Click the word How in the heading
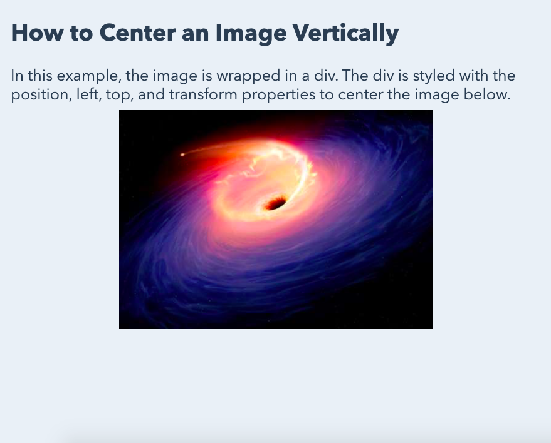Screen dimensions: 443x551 coord(32,33)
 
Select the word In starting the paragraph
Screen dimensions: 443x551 coord(17,76)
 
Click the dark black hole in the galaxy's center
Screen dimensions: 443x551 coord(275,203)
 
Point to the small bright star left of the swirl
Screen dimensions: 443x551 coord(182,155)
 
